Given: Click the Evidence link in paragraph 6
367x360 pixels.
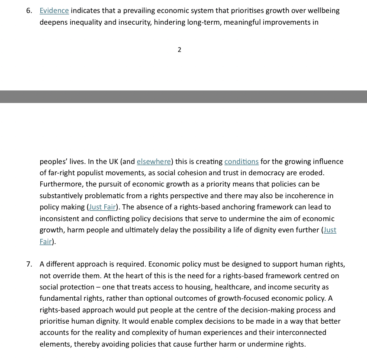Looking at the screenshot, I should click(54, 11).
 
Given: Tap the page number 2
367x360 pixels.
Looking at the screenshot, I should click(179, 50).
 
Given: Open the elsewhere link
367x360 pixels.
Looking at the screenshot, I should click(154, 162).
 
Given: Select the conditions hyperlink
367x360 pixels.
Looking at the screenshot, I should click(241, 162).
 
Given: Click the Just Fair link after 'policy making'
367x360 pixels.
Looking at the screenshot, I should click(103, 207).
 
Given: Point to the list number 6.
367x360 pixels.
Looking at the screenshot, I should click(29, 11).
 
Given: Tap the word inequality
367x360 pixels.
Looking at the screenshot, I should click(84, 22).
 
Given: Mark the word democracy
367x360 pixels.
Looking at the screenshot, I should click(268, 173).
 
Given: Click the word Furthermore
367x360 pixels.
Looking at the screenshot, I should click(61, 184).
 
